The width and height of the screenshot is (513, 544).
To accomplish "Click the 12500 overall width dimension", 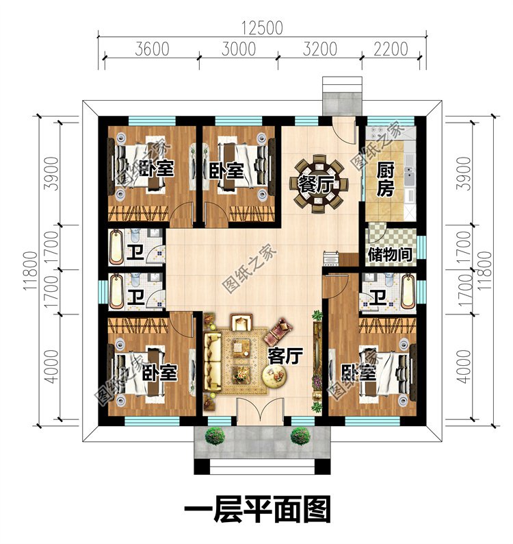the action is [x=262, y=28].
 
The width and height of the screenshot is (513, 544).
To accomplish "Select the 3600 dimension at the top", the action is [x=152, y=49].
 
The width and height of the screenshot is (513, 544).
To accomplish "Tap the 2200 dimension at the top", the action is [x=391, y=49].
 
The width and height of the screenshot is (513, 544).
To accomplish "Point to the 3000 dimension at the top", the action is [x=239, y=49].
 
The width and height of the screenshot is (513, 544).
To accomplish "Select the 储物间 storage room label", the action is [x=390, y=254].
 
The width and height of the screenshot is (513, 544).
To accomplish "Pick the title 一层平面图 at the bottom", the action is [x=257, y=509].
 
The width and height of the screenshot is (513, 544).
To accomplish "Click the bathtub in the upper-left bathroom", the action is [x=116, y=248].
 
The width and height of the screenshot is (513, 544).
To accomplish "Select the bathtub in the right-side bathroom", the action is [x=408, y=291].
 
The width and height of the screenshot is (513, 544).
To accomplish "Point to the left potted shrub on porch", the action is [x=215, y=436].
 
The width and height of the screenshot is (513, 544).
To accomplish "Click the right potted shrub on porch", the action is [x=300, y=436].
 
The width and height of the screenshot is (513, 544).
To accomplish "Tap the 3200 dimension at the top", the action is [x=319, y=49].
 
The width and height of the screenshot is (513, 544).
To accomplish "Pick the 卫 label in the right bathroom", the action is [x=377, y=297].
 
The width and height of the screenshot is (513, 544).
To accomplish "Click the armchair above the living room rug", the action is [x=241, y=322].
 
